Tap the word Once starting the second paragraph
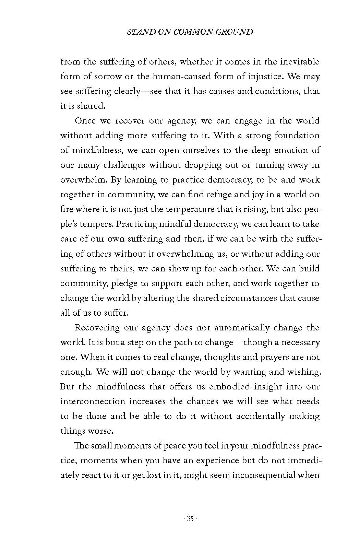point(85,121)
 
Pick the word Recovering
point(97,328)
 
